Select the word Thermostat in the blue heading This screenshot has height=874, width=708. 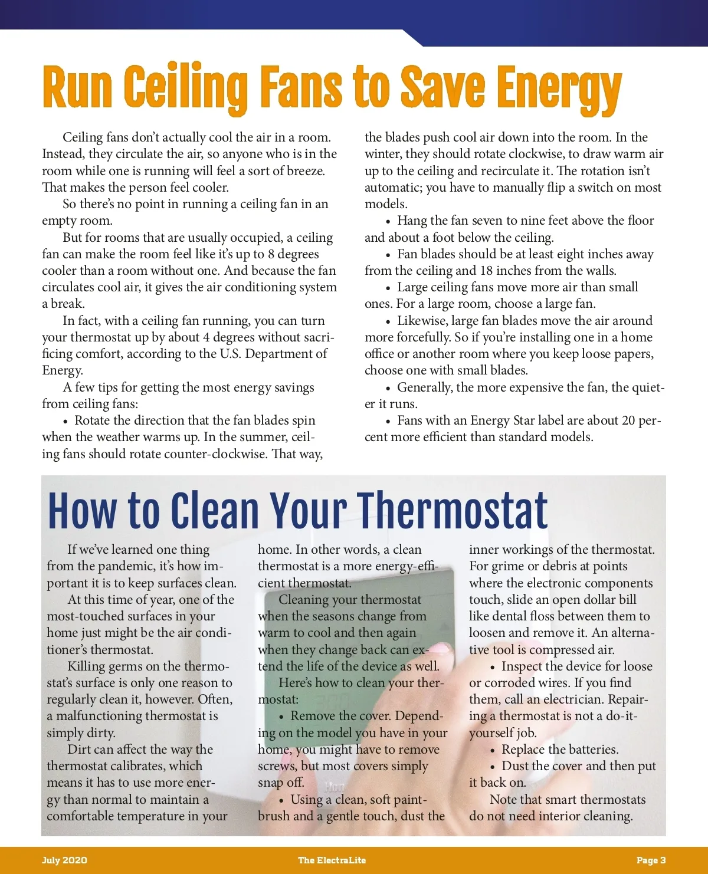(x=453, y=511)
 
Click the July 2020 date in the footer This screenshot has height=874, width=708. (x=64, y=860)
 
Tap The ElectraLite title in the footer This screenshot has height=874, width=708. (x=332, y=860)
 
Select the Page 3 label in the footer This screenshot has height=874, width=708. (x=651, y=860)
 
